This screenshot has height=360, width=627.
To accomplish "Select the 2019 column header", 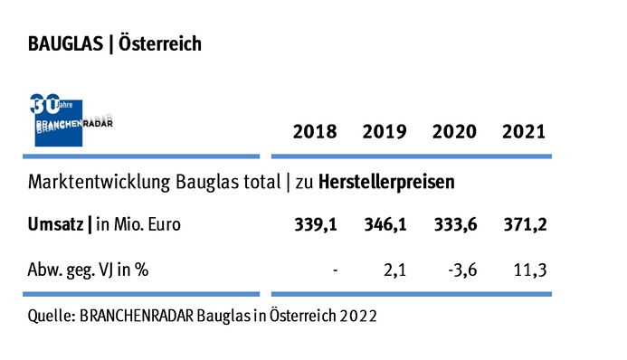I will click(x=384, y=132).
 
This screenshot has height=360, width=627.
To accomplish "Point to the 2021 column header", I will click(x=523, y=132).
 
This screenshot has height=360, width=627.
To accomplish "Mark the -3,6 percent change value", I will click(x=460, y=269).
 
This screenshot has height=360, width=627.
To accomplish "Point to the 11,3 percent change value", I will click(x=529, y=269).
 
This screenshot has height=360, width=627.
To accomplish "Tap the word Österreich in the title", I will click(x=160, y=44).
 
